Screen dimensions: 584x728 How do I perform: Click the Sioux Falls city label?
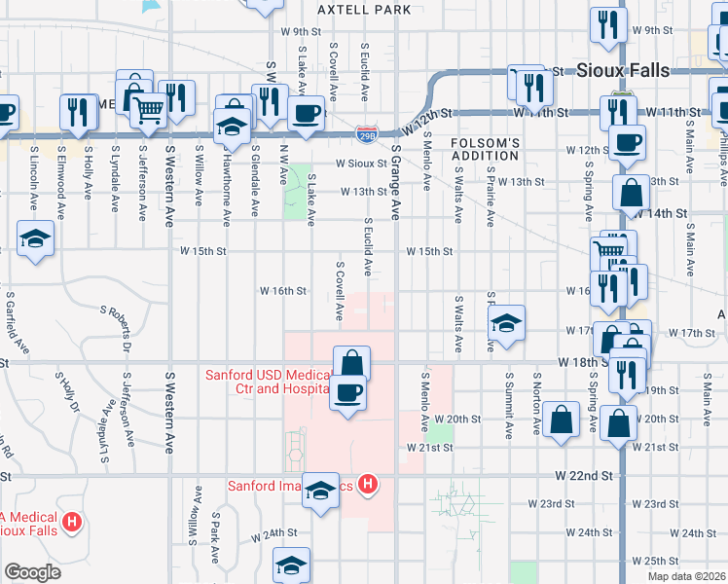622,70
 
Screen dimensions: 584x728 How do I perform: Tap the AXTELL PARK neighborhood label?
365,10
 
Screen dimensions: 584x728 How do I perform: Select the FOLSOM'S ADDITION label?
486,149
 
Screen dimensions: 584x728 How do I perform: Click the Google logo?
32,572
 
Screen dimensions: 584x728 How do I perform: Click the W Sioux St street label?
362,164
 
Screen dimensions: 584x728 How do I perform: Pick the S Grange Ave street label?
396,182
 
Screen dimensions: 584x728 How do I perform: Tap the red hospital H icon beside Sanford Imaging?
368,484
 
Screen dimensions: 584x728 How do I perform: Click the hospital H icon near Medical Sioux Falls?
71,524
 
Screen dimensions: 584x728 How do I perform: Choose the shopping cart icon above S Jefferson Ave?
148,113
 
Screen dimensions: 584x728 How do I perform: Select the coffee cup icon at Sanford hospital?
347,394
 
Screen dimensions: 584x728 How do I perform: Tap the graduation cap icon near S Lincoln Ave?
35,238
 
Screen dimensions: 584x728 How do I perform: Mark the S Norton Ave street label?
535,402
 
